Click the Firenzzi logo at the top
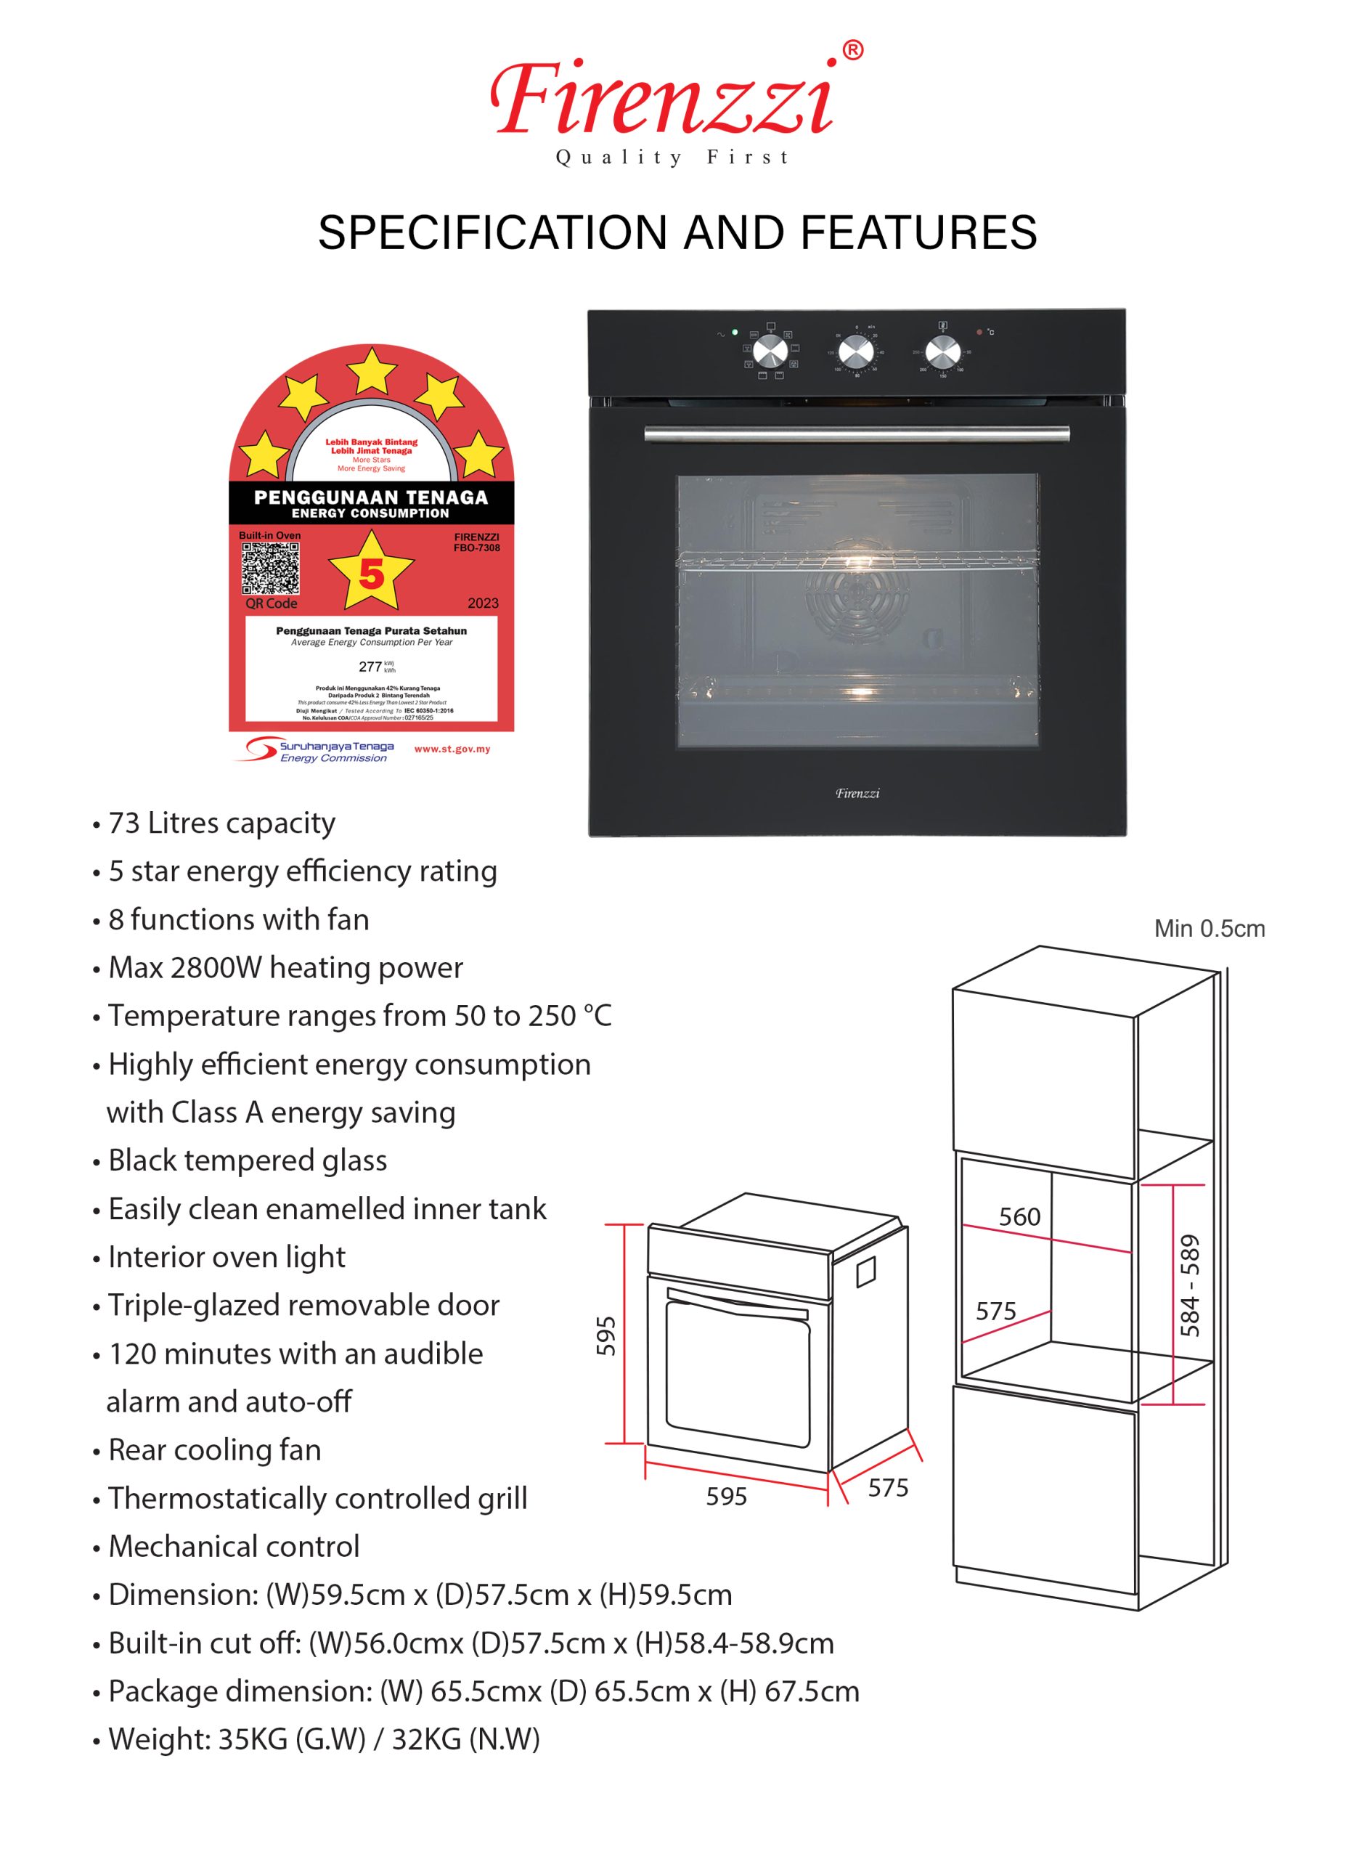click(x=662, y=100)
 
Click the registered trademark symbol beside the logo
click(x=852, y=51)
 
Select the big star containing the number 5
click(x=371, y=573)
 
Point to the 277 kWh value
click(x=370, y=667)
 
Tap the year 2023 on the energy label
click(x=483, y=603)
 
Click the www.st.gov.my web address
click(x=452, y=749)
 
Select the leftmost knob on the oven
click(x=770, y=352)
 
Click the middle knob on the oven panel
click(x=856, y=352)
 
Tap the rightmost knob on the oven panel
click(x=942, y=352)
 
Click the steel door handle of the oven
click(x=857, y=434)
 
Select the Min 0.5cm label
click(x=1209, y=929)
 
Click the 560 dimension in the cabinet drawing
click(x=1019, y=1216)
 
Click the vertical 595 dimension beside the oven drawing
click(x=605, y=1335)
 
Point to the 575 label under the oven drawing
click(x=888, y=1488)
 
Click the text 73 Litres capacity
click(x=221, y=823)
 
